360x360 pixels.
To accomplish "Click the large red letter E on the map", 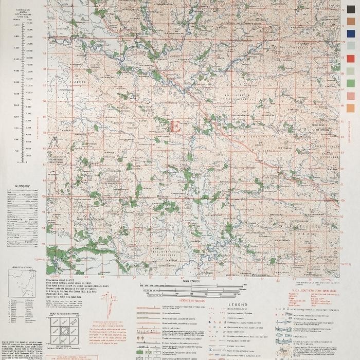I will click(175, 126).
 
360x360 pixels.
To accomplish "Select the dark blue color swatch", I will click(351, 33).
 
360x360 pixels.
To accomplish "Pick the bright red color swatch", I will click(351, 58).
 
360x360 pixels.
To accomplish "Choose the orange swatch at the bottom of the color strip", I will click(351, 108).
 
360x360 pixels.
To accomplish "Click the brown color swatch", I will click(351, 21).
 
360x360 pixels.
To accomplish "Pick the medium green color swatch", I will click(351, 83).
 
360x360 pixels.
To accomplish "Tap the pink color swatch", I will click(351, 96).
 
